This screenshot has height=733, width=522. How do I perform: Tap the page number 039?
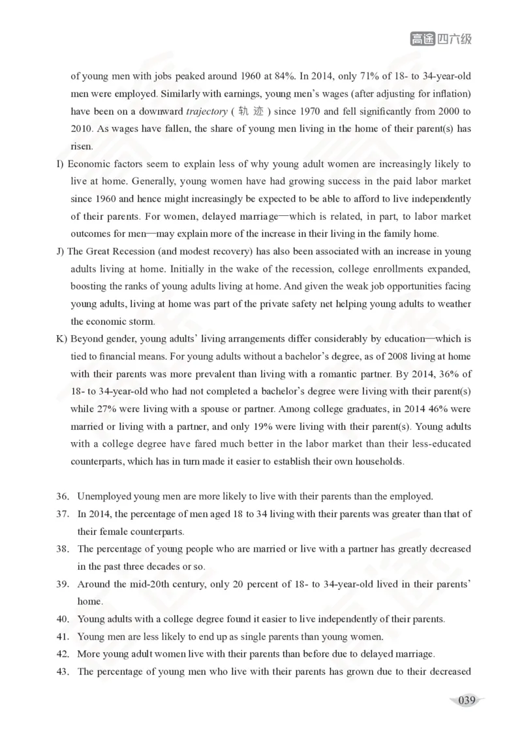tap(466, 701)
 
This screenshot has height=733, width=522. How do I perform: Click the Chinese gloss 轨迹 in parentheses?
tap(252, 112)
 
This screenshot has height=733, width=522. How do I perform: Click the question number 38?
tap(63, 549)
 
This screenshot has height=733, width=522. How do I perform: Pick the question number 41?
tap(63, 636)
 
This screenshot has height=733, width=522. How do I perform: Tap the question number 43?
tap(63, 672)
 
